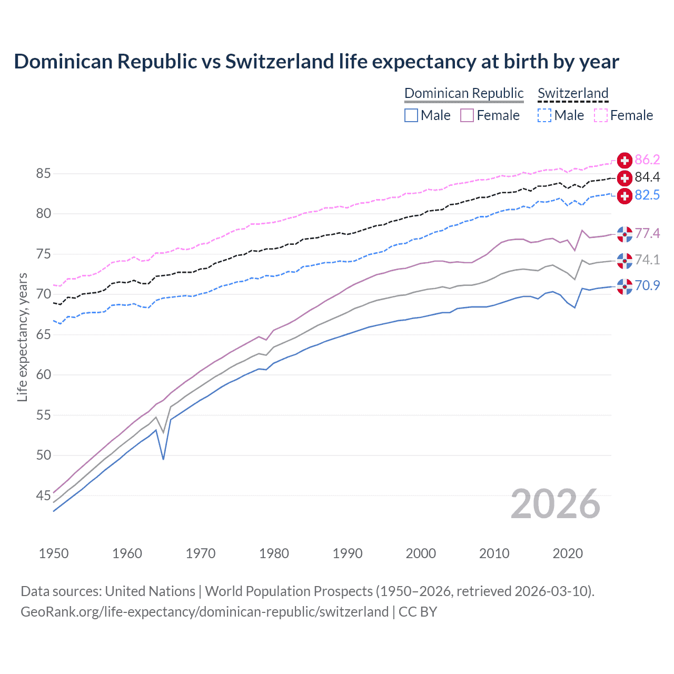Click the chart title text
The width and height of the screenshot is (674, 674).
(x=316, y=62)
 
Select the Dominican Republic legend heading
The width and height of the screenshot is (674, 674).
(x=464, y=93)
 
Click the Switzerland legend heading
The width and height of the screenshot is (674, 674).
(x=573, y=93)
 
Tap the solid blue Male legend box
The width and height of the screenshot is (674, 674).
(x=411, y=115)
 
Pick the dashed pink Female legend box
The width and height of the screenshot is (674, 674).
(x=601, y=115)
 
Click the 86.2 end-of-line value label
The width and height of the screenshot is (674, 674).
(x=647, y=160)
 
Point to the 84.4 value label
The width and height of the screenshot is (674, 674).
(x=647, y=177)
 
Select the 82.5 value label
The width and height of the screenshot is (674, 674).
(x=647, y=195)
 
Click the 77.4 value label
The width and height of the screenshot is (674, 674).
(x=647, y=234)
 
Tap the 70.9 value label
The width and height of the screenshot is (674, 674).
(x=647, y=286)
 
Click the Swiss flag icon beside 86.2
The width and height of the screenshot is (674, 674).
(x=625, y=160)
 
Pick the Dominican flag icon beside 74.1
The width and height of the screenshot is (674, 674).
(x=625, y=260)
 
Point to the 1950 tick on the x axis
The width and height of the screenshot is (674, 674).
(x=54, y=553)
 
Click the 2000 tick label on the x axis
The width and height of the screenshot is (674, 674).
(x=421, y=553)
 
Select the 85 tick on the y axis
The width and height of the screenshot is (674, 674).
(x=43, y=173)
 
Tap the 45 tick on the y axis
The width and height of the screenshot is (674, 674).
(x=43, y=495)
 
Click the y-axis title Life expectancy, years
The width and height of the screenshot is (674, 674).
(x=22, y=337)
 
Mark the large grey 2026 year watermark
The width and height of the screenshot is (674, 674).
(x=555, y=504)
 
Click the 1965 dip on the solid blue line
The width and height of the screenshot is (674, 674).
(x=163, y=459)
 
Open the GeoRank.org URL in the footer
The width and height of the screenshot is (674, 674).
(x=204, y=612)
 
